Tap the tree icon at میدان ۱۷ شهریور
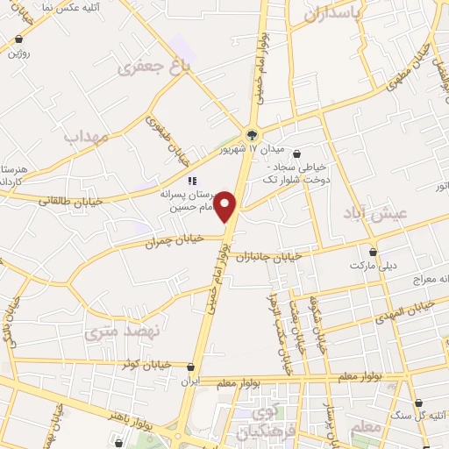click(x=252, y=134)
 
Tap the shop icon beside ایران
click(x=191, y=367)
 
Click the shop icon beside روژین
click(x=19, y=40)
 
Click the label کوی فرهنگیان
click(x=262, y=420)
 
